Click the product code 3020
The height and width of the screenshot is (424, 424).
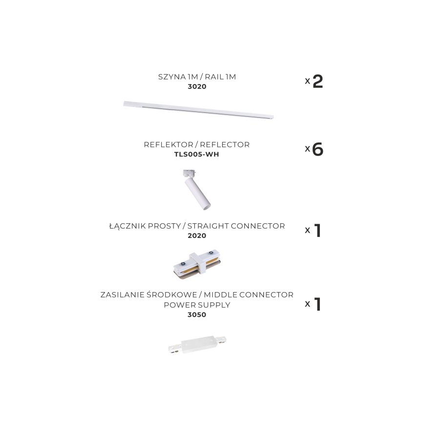197,86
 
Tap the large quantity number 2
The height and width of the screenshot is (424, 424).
318,82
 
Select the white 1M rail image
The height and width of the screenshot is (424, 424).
198,110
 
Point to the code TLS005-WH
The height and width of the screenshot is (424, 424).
196,154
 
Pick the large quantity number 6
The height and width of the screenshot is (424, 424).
318,149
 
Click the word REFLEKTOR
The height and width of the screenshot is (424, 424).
169,145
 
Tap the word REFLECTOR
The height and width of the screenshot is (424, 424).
225,145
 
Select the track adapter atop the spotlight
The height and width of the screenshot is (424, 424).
190,173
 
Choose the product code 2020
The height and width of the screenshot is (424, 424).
197,235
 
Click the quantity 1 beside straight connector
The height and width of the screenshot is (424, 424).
318,231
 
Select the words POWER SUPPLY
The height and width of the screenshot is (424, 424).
197,305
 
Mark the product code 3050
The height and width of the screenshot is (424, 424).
197,315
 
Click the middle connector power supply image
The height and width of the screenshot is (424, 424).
197,344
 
